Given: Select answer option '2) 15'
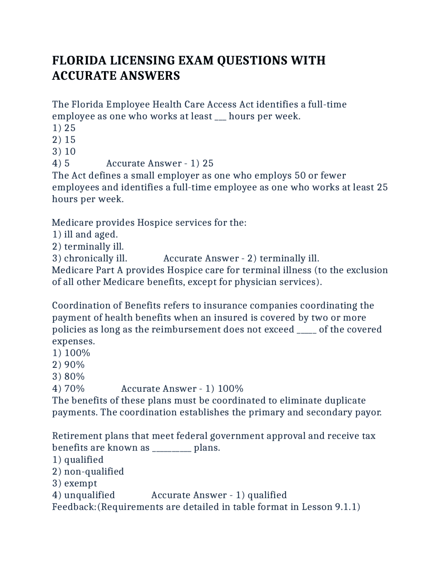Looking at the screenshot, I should [64, 140].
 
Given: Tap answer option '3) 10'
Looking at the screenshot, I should [64, 152].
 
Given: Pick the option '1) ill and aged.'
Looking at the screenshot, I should [85, 235].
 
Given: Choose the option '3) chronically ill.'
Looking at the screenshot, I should [90, 258].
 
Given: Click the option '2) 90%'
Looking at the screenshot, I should [68, 365].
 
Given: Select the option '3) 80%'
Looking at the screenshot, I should [68, 376].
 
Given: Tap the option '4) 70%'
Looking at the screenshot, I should [68, 389].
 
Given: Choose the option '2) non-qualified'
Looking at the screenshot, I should [88, 471].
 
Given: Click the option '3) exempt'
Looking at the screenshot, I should [75, 483].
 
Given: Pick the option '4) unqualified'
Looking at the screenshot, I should [84, 495].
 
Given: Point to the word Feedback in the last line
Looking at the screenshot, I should [74, 507].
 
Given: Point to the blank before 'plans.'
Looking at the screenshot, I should [171, 448].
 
